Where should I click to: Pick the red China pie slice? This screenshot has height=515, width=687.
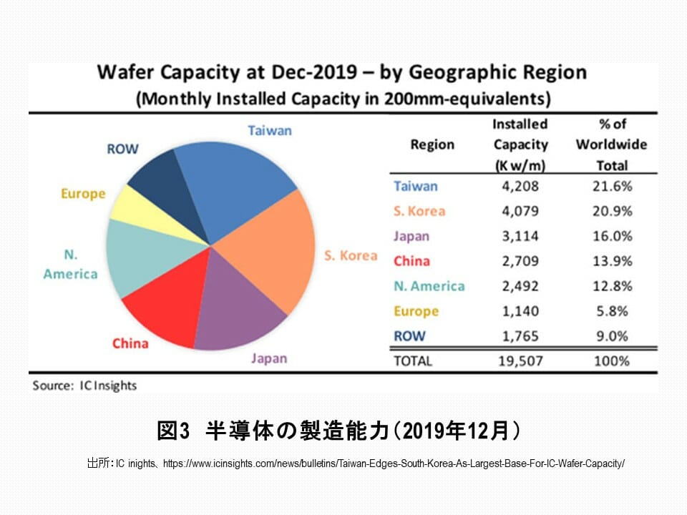tap(161, 308)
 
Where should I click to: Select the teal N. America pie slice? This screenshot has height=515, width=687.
tap(136, 257)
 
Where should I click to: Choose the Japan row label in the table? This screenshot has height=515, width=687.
tap(411, 236)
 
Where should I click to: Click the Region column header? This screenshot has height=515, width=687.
tap(432, 144)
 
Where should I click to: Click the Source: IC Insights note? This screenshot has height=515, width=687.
tap(84, 386)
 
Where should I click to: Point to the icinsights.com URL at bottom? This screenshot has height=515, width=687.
tap(394, 463)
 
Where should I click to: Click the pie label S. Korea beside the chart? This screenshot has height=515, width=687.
tap(350, 255)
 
